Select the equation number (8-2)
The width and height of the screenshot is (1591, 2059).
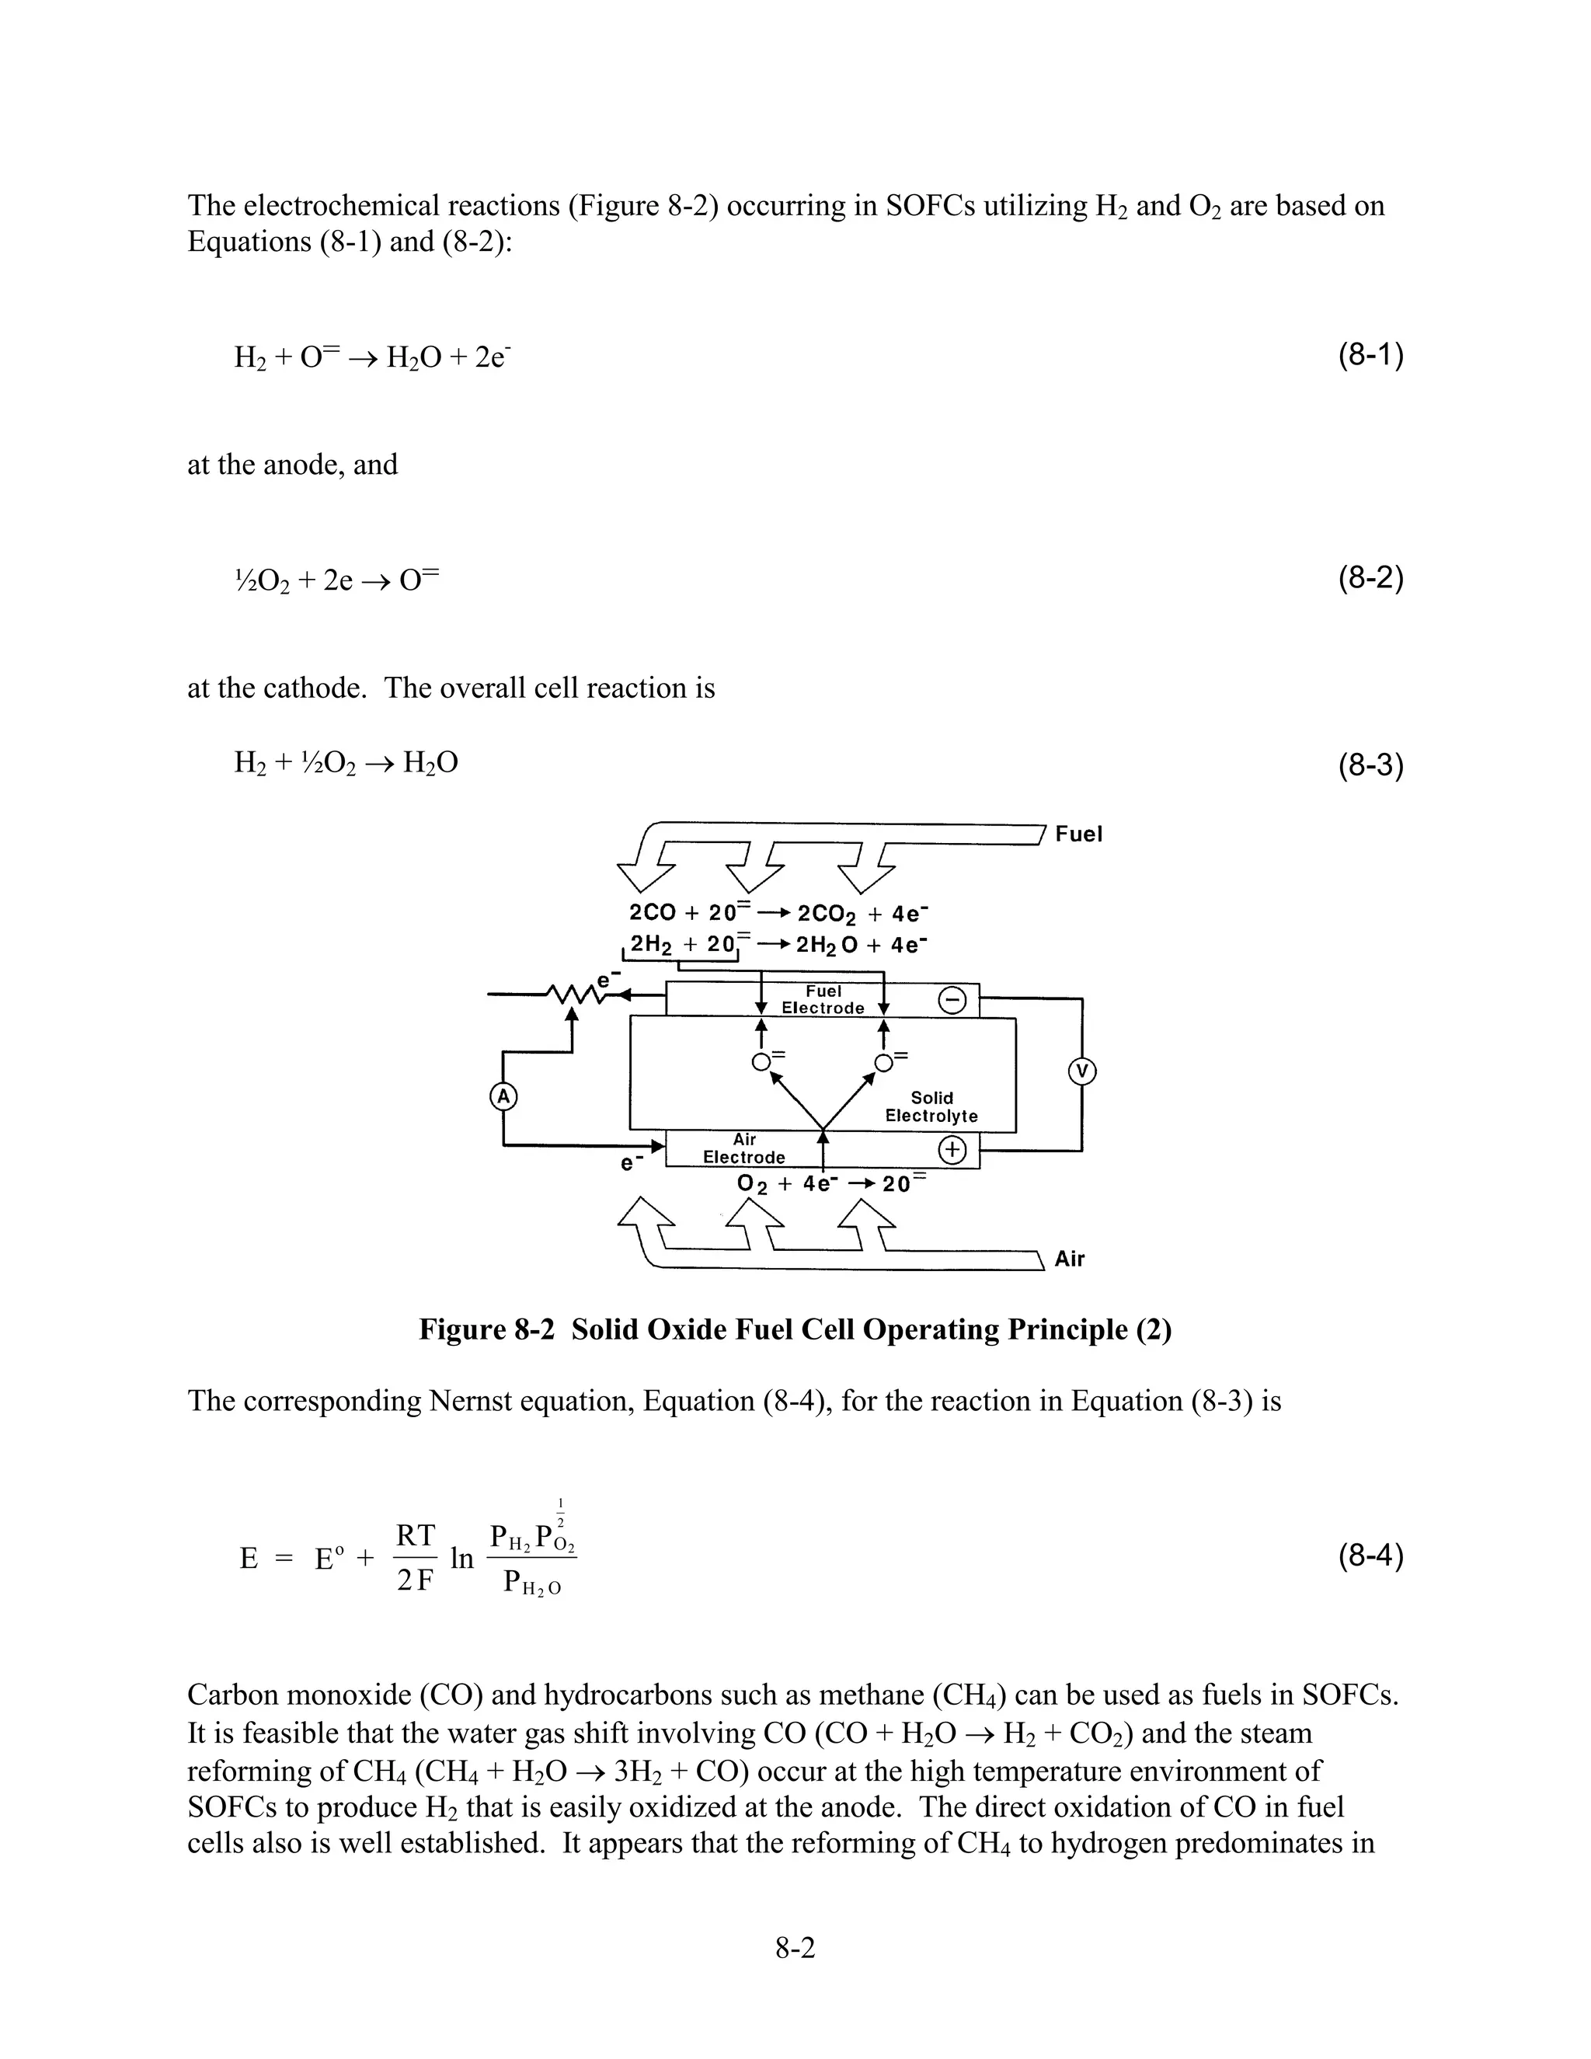[1370, 578]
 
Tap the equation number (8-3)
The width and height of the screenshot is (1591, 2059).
[1370, 765]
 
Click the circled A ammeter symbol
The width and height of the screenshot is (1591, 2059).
[503, 1096]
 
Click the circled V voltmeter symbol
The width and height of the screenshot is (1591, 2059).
[1082, 1071]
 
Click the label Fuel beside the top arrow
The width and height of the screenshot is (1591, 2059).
[1078, 834]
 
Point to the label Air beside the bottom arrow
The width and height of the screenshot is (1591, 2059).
[1069, 1259]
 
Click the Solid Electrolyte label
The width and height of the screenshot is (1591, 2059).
[931, 1106]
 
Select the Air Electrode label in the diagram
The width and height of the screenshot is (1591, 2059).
[743, 1148]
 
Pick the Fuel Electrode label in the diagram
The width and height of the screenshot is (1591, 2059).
[823, 999]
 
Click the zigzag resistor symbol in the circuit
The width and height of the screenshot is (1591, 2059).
[577, 995]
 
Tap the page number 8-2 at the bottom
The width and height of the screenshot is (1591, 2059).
[795, 1948]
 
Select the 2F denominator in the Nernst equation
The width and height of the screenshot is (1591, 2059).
[415, 1580]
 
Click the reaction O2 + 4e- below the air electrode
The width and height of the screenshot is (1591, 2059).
[787, 1184]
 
